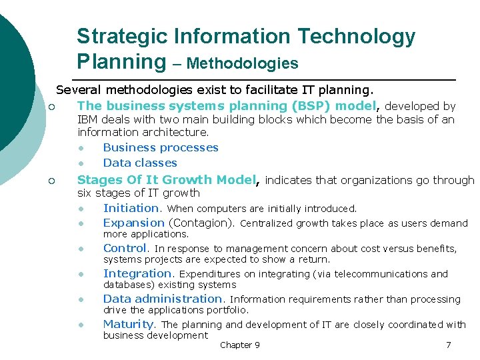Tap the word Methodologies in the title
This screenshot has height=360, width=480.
tap(243, 63)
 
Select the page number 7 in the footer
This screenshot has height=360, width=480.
tap(448, 345)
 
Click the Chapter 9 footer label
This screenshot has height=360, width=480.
tap(240, 345)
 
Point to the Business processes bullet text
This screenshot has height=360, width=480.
tap(161, 147)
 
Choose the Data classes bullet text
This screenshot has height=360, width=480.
tap(140, 163)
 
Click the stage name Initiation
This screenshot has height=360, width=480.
tap(131, 208)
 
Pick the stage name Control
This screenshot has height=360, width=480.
tap(124, 248)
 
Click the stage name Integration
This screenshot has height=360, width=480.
tap(137, 273)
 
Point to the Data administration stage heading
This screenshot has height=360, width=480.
tap(162, 299)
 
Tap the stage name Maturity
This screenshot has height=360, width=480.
tap(128, 324)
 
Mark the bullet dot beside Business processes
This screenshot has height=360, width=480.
tap(81, 148)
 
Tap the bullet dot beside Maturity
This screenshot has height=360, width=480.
tap(81, 325)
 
